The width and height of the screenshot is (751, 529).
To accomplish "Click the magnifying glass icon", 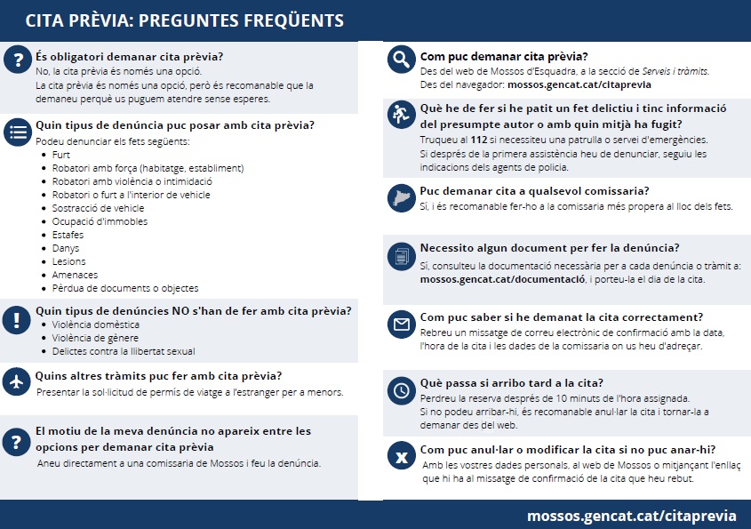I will pyautogui.click(x=402, y=60).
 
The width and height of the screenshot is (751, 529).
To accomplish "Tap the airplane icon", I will pyautogui.click(x=17, y=381).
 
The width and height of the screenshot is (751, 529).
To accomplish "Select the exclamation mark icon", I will pyautogui.click(x=17, y=320).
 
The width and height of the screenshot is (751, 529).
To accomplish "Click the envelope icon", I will pyautogui.click(x=402, y=325).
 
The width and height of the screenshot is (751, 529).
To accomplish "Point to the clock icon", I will pyautogui.click(x=402, y=390).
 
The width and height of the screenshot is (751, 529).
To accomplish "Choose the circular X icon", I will pyautogui.click(x=402, y=458).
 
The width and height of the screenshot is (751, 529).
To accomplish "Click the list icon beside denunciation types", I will pyautogui.click(x=17, y=132).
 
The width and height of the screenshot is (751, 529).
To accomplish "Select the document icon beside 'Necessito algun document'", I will pyautogui.click(x=402, y=256).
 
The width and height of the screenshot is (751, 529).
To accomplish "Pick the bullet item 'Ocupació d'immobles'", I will pyautogui.click(x=100, y=221).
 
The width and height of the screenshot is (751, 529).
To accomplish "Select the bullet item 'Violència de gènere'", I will pyautogui.click(x=96, y=338).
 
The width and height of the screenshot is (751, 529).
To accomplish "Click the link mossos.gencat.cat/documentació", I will pyautogui.click(x=502, y=279).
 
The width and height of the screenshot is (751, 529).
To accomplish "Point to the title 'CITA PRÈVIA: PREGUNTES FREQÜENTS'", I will pyautogui.click(x=184, y=20).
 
